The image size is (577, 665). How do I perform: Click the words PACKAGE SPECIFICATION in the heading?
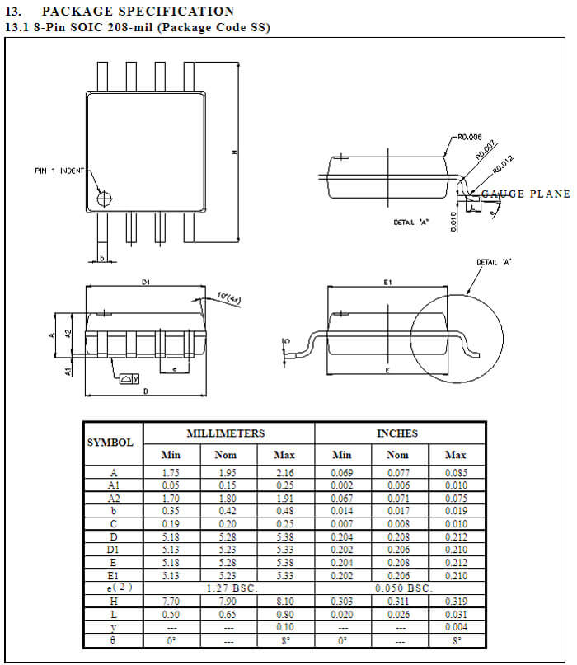point(138,11)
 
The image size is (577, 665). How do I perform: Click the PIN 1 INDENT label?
point(59,171)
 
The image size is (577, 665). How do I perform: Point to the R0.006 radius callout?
point(468,139)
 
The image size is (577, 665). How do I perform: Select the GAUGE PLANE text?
point(526,194)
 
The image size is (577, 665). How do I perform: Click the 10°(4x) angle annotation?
point(229,295)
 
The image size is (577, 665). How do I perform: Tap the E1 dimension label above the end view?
point(387,282)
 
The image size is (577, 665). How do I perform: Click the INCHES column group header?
point(398,433)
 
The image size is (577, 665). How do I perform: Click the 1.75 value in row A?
point(171,474)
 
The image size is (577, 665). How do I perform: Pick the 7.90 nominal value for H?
point(228,603)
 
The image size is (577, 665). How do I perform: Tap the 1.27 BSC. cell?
point(228,588)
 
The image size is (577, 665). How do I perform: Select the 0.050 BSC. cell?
point(398,588)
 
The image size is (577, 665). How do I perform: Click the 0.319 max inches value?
point(455,603)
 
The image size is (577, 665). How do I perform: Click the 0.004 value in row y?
point(455,628)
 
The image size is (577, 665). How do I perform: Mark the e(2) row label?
point(113,588)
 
